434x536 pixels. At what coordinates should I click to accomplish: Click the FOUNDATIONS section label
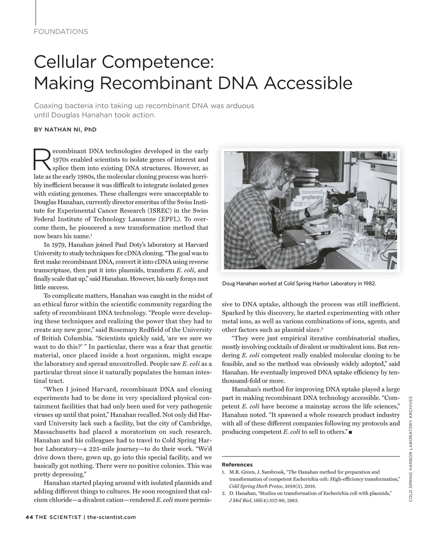click(61, 31)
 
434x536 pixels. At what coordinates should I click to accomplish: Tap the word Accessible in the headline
click(307, 83)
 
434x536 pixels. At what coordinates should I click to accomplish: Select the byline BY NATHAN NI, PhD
click(65, 129)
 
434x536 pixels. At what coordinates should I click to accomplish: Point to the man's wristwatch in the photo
click(307, 212)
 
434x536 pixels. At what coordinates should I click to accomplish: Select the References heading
click(237, 465)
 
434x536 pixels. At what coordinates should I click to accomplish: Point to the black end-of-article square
click(350, 432)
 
